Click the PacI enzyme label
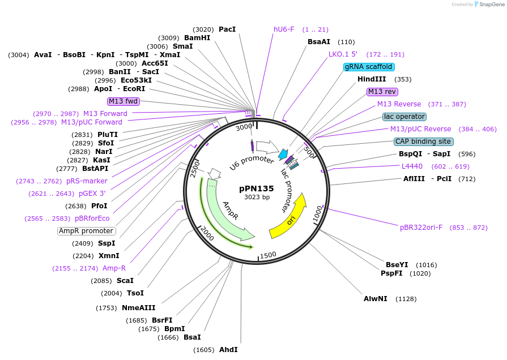click(x=227, y=29)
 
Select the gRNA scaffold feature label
click(x=369, y=67)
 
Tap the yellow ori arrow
click(x=288, y=218)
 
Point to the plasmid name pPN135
click(x=257, y=188)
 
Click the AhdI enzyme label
click(x=228, y=350)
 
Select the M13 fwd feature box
click(x=123, y=101)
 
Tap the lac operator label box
click(x=404, y=117)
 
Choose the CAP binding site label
click(x=423, y=142)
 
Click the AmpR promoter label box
click(x=86, y=231)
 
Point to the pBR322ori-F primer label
click(x=421, y=228)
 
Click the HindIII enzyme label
click(x=372, y=79)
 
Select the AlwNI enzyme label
click(x=376, y=298)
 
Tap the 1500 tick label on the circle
click(x=268, y=255)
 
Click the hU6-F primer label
click(x=284, y=29)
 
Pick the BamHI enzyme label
click(x=197, y=38)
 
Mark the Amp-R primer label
click(x=114, y=268)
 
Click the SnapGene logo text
click(x=491, y=5)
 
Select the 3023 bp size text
click(x=257, y=198)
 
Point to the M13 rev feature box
click(x=382, y=92)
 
